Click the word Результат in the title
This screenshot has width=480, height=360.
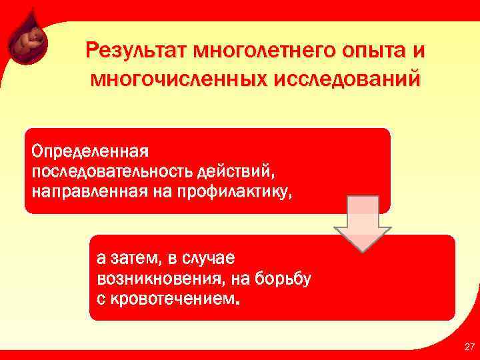click(x=136, y=51)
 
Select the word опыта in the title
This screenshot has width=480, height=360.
click(x=365, y=51)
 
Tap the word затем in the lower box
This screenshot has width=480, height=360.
click(x=137, y=257)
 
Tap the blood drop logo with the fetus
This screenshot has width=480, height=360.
click(x=28, y=42)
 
